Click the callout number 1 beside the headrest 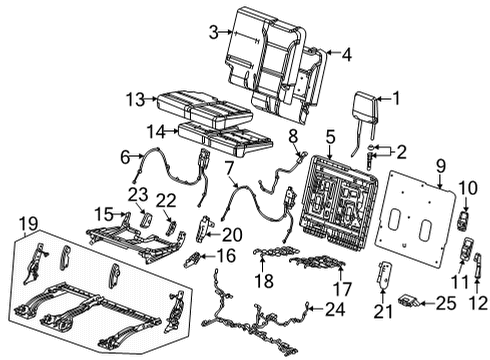(395, 98)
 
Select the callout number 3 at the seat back (212, 33)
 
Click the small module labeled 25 (411, 300)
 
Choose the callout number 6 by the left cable (126, 156)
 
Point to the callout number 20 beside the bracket (232, 234)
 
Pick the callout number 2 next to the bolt (402, 152)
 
